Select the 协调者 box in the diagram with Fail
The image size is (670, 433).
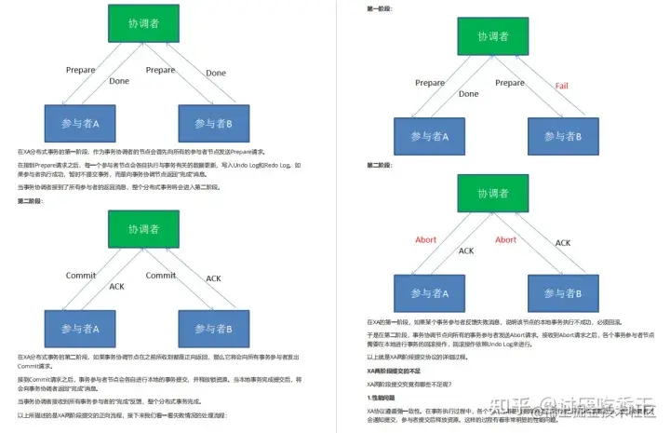[493, 37]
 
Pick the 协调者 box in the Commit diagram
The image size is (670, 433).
[142, 230]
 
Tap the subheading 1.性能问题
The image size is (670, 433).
[382, 398]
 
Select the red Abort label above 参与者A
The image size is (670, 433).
[425, 239]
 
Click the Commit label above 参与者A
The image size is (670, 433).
[81, 276]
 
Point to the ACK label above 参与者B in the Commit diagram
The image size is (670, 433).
[213, 277]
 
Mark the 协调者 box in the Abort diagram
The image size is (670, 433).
[493, 194]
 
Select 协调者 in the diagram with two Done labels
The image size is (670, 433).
[142, 21]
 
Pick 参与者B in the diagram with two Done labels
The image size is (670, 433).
[214, 124]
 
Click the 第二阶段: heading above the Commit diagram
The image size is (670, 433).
[31, 201]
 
